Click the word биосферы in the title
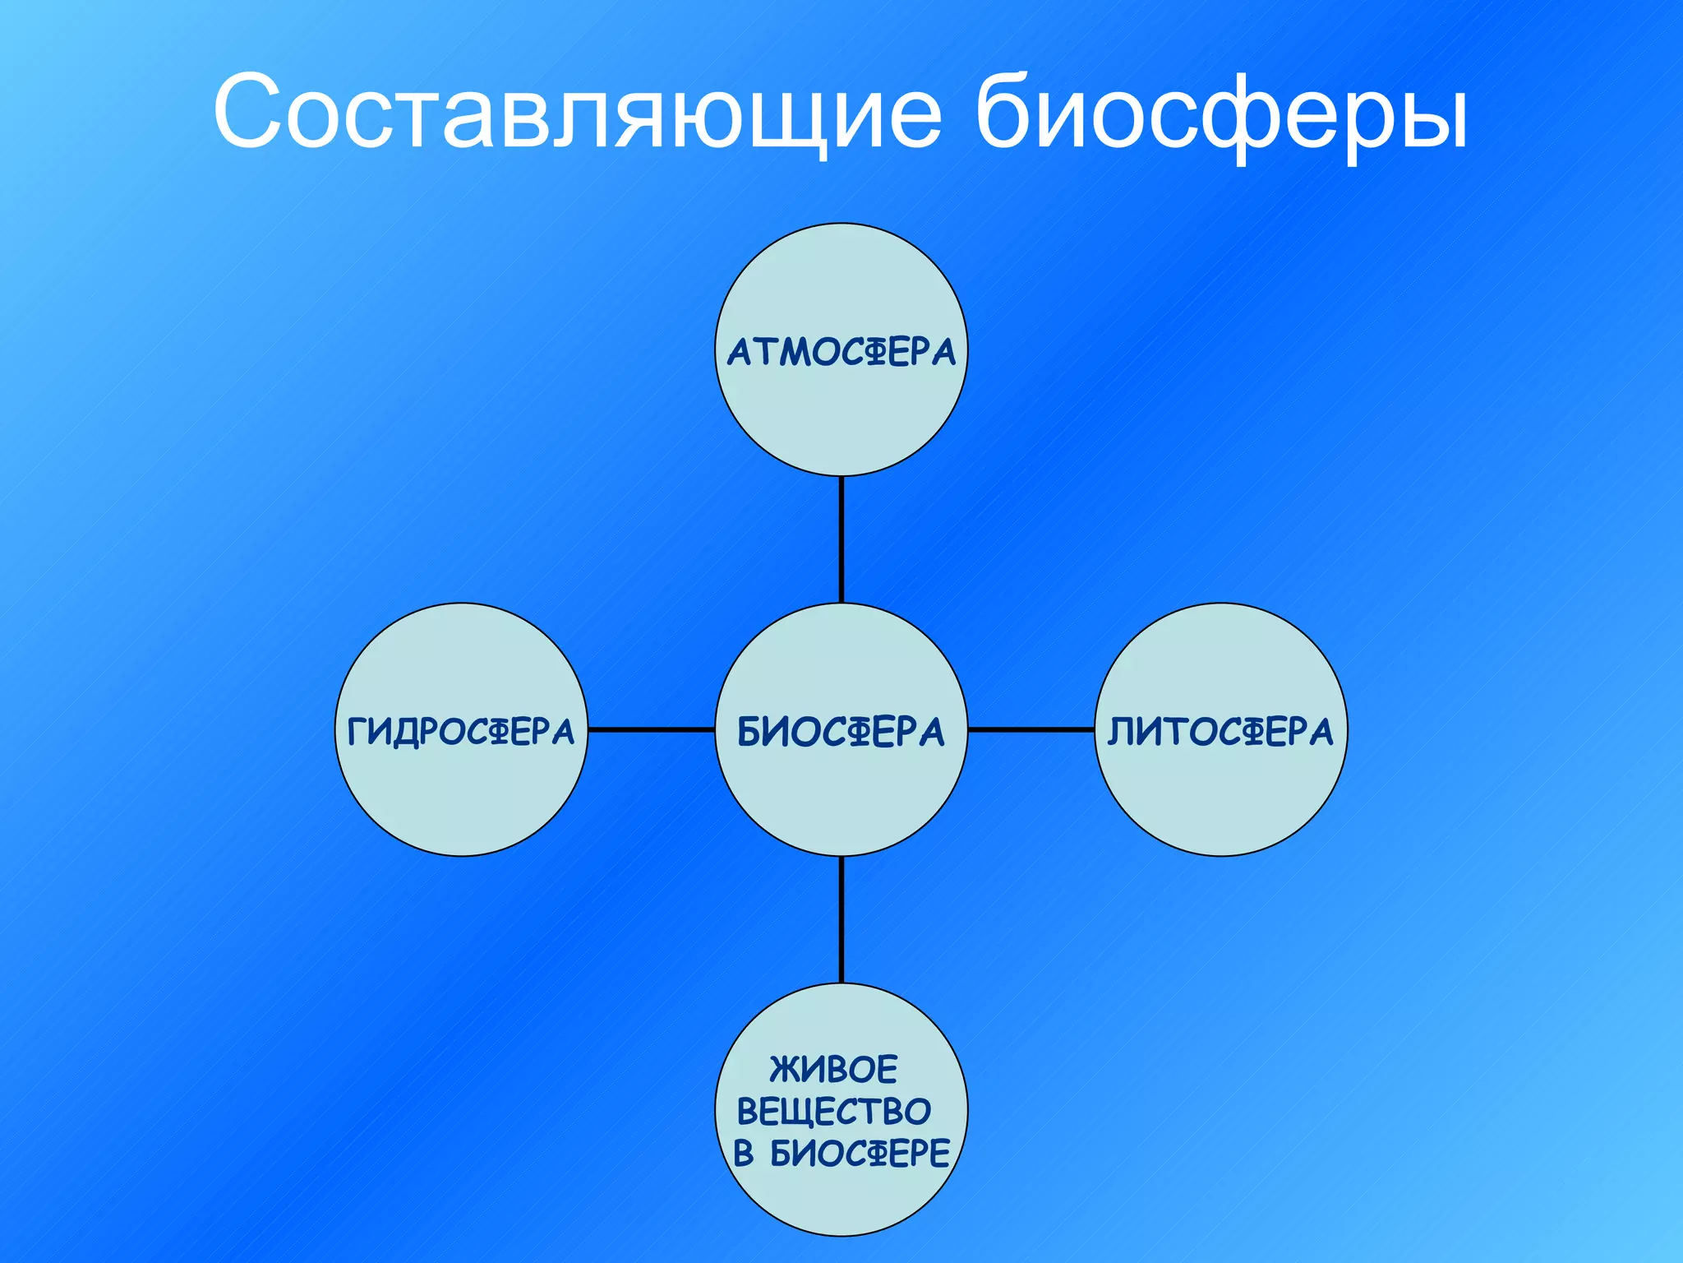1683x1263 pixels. click(1221, 113)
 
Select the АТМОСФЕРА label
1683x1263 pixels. click(841, 352)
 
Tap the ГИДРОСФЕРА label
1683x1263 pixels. click(461, 731)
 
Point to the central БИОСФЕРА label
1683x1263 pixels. click(841, 731)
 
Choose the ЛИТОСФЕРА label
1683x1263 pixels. click(1221, 731)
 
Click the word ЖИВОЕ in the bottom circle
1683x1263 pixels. click(833, 1069)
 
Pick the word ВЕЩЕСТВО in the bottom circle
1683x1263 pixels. click(833, 1112)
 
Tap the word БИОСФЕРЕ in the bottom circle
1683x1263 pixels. click(860, 1154)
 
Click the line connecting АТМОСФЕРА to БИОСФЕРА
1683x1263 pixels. click(841, 539)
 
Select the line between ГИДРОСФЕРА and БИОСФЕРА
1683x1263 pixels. click(651, 729)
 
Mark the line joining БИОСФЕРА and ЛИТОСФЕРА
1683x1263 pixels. click(1031, 729)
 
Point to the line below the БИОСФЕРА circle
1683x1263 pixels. click(841, 919)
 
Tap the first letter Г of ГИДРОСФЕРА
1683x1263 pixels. click(357, 732)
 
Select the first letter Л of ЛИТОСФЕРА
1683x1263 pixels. click(1121, 732)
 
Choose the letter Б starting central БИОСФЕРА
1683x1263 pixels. click(751, 732)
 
